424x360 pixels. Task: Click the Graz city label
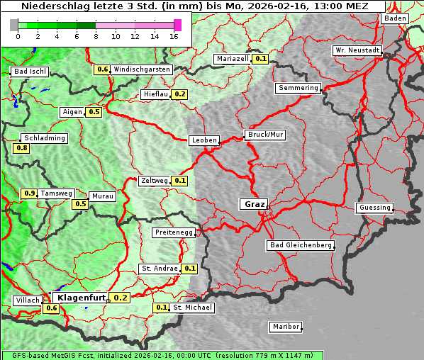click(x=253, y=204)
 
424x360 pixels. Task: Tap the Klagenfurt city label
click(x=81, y=298)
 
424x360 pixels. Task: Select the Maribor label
click(x=286, y=327)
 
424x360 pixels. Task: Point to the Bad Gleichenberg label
click(x=300, y=245)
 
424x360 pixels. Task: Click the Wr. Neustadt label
click(x=357, y=50)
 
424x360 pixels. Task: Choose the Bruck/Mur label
click(x=264, y=134)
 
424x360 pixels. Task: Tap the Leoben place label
click(x=204, y=140)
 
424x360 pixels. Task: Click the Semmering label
click(x=299, y=88)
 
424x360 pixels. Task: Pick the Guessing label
click(x=374, y=208)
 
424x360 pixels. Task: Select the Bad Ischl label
click(x=30, y=72)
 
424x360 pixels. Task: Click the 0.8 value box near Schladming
click(x=21, y=148)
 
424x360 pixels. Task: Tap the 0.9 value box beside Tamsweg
click(x=29, y=193)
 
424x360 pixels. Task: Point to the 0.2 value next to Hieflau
click(x=179, y=94)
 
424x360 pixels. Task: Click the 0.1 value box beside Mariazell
click(x=260, y=59)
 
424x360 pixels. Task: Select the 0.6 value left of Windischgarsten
click(x=102, y=69)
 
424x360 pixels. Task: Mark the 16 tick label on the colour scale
click(x=174, y=36)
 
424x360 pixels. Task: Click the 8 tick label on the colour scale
click(x=96, y=36)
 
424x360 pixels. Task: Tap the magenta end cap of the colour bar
click(x=177, y=25)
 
